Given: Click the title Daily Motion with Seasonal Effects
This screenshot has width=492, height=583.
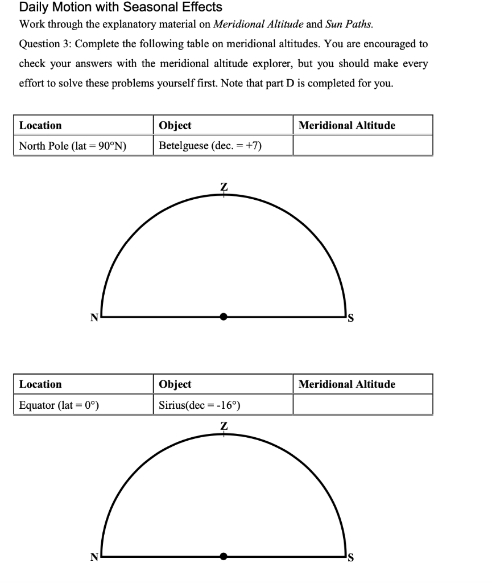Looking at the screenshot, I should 120,7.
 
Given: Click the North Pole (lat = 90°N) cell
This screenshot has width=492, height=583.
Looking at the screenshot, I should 73,146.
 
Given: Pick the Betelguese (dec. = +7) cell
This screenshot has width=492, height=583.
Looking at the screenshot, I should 210,146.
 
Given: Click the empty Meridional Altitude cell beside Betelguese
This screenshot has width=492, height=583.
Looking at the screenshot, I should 362,146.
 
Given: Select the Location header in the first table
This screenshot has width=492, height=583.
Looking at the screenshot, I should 40,125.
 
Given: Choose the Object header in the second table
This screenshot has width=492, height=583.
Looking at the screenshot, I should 175,384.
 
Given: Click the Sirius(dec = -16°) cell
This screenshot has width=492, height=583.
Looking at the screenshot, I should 200,405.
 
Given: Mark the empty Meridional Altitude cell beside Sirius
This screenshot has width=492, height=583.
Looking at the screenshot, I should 362,405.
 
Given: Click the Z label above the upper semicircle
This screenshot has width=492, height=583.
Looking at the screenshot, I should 224,186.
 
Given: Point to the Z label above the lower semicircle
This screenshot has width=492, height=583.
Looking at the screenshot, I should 224,426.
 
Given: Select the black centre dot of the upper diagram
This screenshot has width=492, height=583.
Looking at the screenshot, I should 224,317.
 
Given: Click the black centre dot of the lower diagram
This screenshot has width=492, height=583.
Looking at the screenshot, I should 224,556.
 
